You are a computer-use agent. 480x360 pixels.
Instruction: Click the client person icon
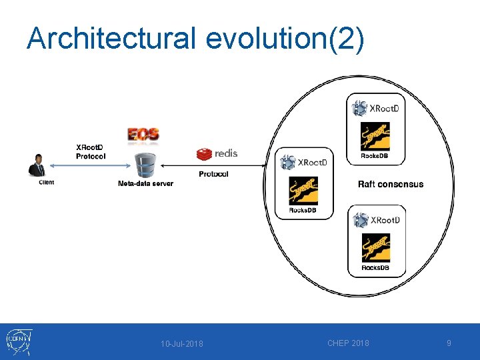pos(37,165)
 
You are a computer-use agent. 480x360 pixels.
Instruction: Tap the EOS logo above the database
pos(143,134)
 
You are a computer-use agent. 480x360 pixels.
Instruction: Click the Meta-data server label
pos(145,183)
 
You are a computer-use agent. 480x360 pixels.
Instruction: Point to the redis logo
pos(217,154)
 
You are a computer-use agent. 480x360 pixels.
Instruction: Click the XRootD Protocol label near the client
pos(91,151)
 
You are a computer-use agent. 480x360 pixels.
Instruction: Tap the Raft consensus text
pos(390,184)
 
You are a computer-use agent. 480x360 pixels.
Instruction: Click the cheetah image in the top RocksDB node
pos(375,137)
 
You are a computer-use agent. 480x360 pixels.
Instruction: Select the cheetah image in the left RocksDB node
pos(303,191)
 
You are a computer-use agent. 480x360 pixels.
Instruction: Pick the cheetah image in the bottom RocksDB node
pos(375,248)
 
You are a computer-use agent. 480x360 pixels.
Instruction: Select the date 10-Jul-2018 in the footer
pos(182,344)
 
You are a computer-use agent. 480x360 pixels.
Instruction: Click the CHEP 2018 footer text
pos(348,343)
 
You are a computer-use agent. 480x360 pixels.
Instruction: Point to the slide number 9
pos(449,343)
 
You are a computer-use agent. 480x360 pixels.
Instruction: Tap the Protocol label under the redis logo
pos(213,174)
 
